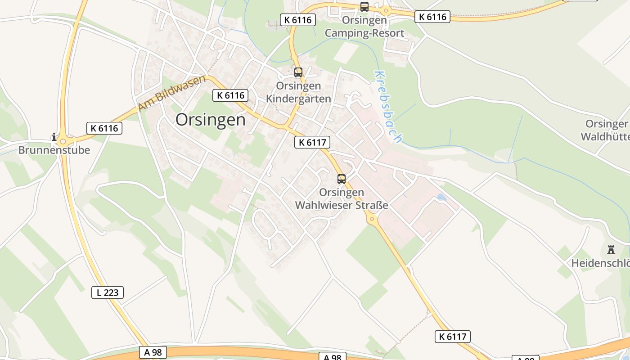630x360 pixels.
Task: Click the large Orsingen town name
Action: pyautogui.click(x=211, y=120)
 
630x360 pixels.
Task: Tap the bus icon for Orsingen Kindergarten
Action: pyautogui.click(x=298, y=72)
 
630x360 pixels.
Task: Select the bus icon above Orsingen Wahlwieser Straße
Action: pyautogui.click(x=342, y=179)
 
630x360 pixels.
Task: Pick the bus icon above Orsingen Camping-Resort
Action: pyautogui.click(x=364, y=7)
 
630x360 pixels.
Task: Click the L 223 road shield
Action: pyautogui.click(x=108, y=292)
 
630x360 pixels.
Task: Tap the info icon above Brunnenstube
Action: pyautogui.click(x=54, y=137)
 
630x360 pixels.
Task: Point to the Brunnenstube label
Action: pyautogui.click(x=54, y=150)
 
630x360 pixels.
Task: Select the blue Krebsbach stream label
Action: pyautogui.click(x=387, y=107)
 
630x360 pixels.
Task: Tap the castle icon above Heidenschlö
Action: pyautogui.click(x=611, y=250)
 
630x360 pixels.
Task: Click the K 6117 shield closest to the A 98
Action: pyautogui.click(x=452, y=336)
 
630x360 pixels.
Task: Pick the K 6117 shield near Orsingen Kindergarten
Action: pyautogui.click(x=312, y=143)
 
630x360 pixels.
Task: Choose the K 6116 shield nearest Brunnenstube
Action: pyautogui.click(x=104, y=128)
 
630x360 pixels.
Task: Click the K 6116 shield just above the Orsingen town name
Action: pyautogui.click(x=231, y=95)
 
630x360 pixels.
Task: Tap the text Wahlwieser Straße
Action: pyautogui.click(x=341, y=205)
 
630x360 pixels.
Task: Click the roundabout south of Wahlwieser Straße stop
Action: pyautogui.click(x=372, y=219)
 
